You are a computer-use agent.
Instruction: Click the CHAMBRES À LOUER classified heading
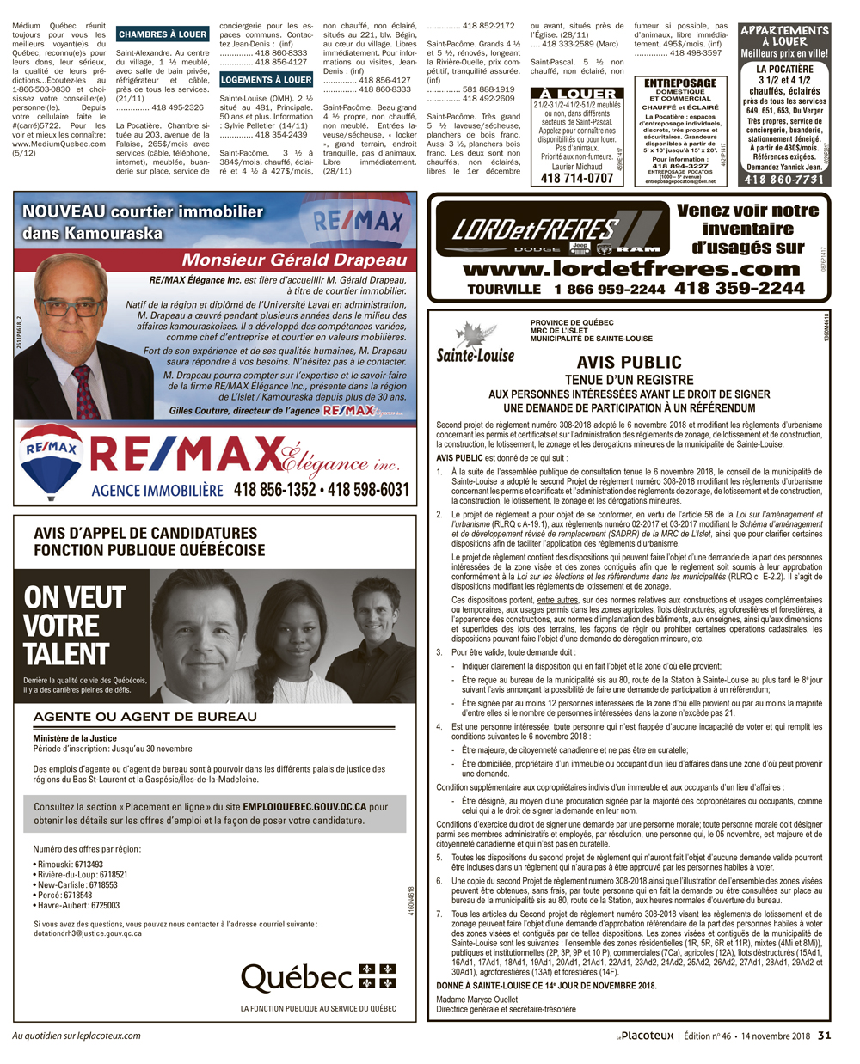click(x=163, y=34)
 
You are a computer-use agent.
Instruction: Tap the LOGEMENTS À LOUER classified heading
click(x=266, y=80)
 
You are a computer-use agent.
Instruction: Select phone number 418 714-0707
click(x=577, y=178)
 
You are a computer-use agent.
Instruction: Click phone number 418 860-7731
click(x=783, y=180)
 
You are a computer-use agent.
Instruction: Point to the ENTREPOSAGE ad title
click(x=680, y=83)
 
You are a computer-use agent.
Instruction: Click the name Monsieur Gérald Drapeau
click(x=294, y=260)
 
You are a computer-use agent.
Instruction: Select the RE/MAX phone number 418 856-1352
click(x=274, y=490)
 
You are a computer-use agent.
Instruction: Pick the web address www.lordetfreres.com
click(x=631, y=268)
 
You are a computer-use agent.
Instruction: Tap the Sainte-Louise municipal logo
click(x=475, y=345)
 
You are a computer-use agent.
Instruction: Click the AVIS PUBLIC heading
click(x=629, y=363)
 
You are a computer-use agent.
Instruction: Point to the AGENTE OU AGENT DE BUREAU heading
click(x=144, y=717)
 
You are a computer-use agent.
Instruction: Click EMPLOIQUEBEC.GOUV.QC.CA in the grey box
click(x=304, y=807)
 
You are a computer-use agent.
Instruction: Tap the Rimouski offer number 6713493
click(x=89, y=865)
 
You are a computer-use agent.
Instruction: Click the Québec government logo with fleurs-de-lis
click(x=318, y=977)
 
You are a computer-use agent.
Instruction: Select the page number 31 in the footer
click(x=824, y=1036)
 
